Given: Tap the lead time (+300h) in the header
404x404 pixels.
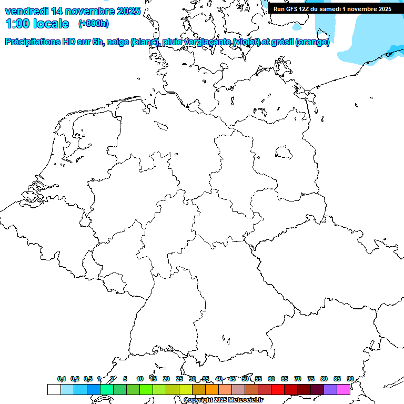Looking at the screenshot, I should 93,23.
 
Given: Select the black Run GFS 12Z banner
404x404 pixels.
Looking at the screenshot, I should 332,8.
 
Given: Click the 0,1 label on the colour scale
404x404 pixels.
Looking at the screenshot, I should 62,379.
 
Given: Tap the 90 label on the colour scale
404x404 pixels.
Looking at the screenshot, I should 350,379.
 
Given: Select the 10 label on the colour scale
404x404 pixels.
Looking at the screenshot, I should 140,379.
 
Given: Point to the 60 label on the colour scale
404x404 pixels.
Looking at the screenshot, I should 271,379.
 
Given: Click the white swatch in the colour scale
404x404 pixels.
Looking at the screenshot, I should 54,389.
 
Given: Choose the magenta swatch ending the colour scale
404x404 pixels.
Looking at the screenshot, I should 343,389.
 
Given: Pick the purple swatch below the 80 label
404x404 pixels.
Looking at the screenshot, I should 330,389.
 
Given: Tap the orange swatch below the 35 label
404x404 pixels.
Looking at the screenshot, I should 211,389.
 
